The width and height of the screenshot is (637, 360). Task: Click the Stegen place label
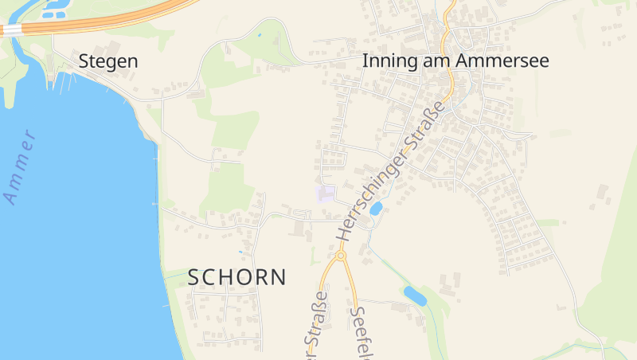coord(108,61)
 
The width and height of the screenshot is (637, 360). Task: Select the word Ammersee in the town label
coord(507,61)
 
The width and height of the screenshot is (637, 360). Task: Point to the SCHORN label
coord(236,277)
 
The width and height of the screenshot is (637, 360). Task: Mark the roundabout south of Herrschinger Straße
coord(341,256)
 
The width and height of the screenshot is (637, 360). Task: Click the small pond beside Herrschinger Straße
coord(376,209)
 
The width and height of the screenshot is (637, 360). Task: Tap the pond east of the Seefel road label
coord(415,296)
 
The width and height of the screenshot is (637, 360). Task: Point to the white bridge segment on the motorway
coord(11,29)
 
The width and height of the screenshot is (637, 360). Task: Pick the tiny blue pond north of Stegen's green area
coord(259,35)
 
